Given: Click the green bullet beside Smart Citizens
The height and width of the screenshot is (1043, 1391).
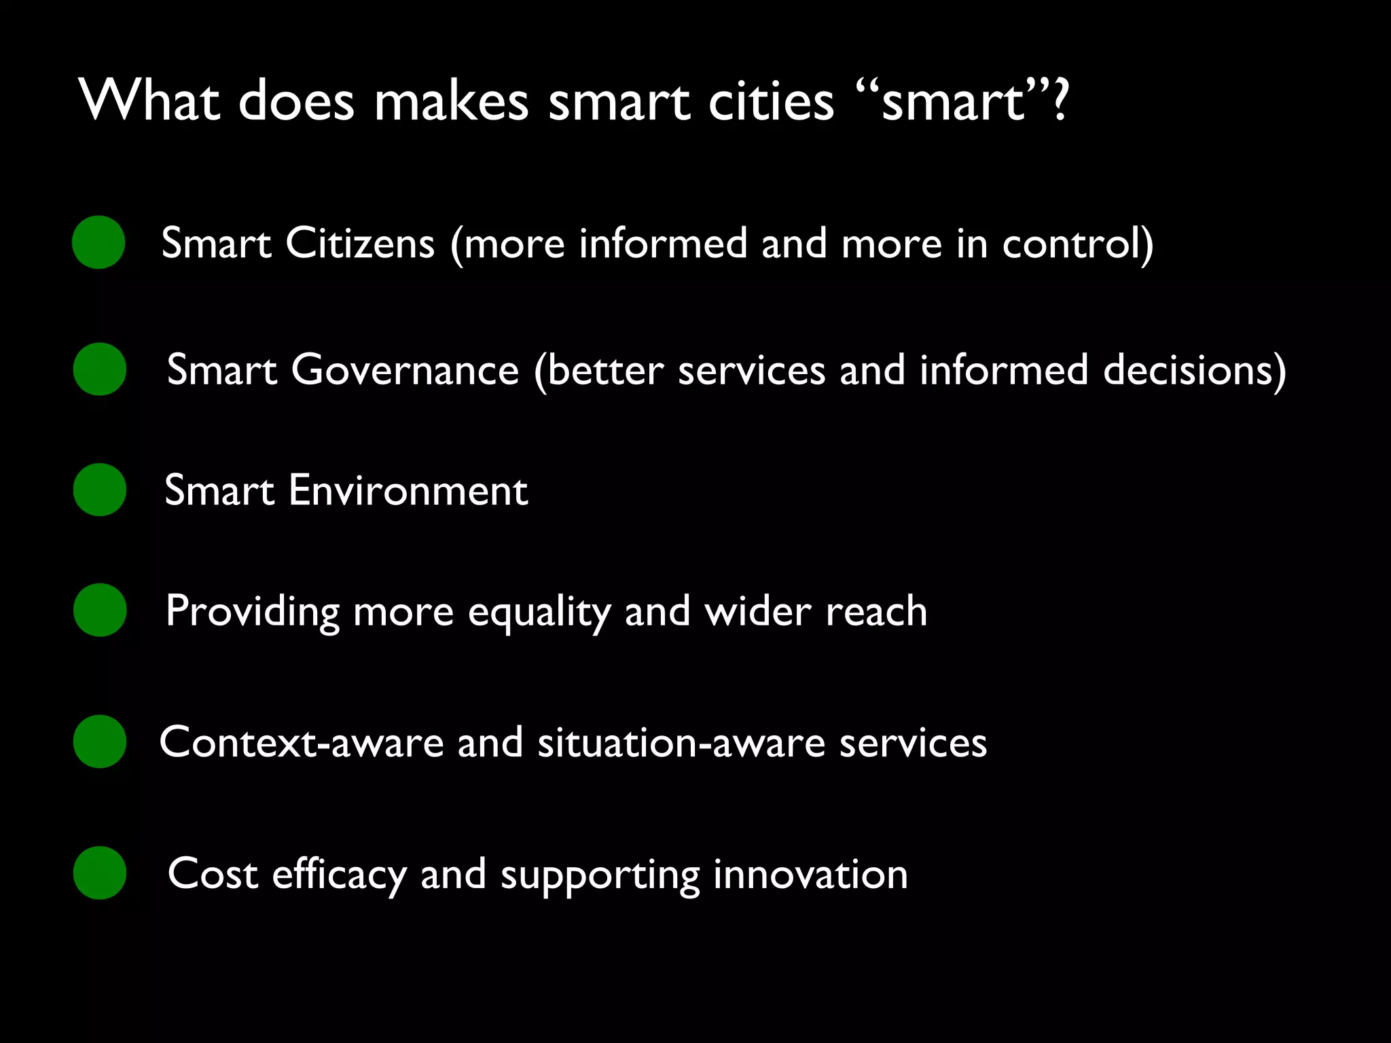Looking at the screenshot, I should coord(98,242).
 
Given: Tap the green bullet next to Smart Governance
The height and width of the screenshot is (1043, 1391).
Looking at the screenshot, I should coord(100,369).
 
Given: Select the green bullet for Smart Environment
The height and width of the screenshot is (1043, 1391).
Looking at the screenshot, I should coord(100,490).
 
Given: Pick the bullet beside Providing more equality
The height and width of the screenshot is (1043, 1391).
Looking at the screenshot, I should coord(100,610).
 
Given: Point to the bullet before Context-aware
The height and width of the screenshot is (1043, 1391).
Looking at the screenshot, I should coord(100,742).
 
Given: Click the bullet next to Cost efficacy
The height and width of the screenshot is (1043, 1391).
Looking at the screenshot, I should coord(100,873).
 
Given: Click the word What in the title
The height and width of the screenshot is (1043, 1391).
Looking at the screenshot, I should coord(149,101).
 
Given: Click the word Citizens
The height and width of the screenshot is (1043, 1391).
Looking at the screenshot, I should coord(360,243).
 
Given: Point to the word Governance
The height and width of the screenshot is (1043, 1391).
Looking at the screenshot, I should coord(405,370).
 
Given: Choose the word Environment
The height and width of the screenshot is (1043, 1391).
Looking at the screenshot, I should coord(408,490).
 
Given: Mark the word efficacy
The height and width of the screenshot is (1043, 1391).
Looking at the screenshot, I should coord(339,875).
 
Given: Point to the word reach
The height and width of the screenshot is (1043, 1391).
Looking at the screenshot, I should coord(875,611).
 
